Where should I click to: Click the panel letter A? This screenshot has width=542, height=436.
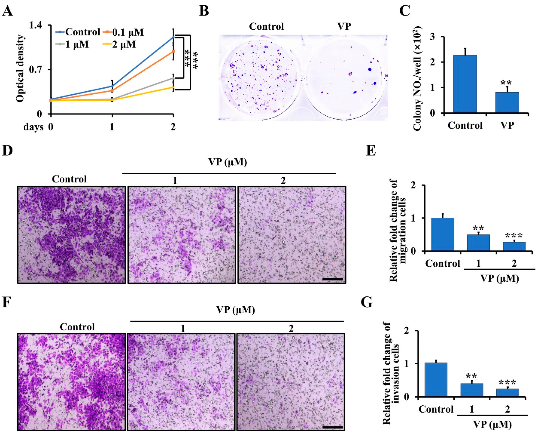7,11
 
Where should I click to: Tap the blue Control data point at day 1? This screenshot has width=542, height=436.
112,86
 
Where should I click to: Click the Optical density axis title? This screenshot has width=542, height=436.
21,68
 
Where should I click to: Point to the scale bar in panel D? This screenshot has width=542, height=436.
332,279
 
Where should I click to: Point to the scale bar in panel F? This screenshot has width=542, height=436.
332,427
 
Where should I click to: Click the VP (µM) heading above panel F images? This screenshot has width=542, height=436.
236,310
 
